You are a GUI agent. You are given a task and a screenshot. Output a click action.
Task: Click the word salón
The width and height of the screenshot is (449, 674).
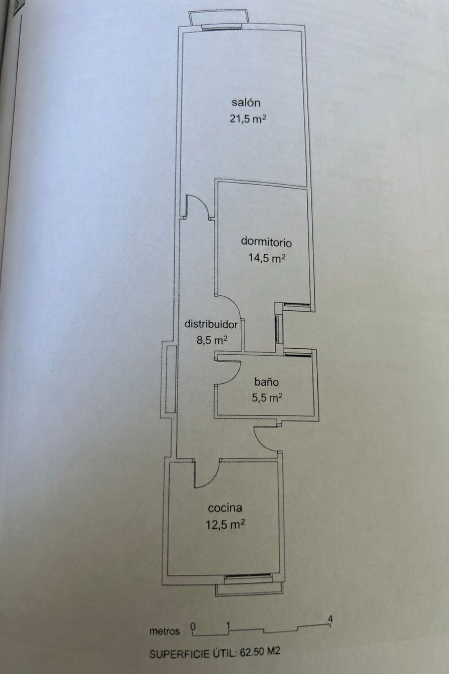click(246, 103)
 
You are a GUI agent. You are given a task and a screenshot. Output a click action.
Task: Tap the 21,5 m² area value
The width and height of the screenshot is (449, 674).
click(248, 119)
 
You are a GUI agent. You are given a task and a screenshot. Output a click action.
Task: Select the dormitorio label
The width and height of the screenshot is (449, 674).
click(266, 242)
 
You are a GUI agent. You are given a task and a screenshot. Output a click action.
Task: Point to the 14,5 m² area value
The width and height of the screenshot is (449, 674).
click(266, 258)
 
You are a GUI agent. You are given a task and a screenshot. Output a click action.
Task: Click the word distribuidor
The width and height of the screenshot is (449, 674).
click(211, 324)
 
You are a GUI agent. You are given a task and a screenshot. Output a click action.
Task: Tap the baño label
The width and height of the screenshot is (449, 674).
click(266, 382)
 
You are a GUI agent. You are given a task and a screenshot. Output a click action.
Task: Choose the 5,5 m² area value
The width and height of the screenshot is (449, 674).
click(267, 398)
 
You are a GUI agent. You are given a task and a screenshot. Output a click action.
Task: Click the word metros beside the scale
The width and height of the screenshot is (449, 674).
click(165, 631)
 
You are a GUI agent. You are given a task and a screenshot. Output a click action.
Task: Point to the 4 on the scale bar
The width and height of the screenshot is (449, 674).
click(330, 618)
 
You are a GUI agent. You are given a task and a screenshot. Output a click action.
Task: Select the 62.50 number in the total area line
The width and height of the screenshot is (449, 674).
click(251, 652)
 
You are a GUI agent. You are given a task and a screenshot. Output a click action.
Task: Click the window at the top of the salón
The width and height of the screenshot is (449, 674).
click(222, 28)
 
